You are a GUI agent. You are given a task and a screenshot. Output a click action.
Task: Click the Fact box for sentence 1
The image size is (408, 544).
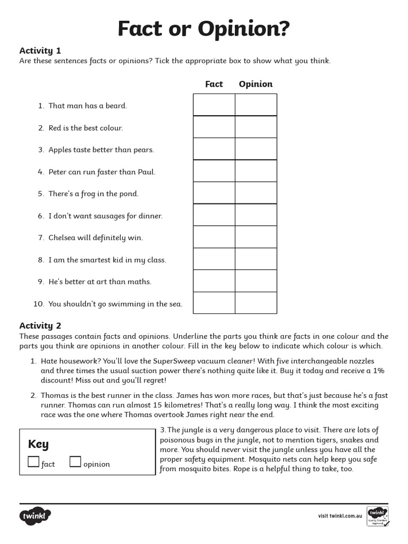point(214,105)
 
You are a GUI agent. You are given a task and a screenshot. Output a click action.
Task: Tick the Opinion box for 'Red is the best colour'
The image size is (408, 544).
point(256,127)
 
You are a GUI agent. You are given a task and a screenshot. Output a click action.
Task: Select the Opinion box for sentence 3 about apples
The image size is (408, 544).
point(256,149)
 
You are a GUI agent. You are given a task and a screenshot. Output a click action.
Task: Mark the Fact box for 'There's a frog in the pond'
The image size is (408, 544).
point(214,193)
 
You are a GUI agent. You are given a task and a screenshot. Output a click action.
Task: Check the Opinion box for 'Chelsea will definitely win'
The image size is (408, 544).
point(256,237)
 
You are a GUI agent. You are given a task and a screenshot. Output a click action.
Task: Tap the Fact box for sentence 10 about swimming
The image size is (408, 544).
point(214,303)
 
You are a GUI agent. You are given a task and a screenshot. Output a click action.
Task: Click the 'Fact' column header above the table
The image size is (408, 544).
point(214,84)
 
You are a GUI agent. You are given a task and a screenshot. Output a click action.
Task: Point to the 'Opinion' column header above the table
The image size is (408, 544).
point(256,84)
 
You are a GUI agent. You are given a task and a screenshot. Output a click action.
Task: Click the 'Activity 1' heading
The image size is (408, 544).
point(40,51)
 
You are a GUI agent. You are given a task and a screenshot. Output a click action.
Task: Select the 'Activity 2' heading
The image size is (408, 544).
point(40,326)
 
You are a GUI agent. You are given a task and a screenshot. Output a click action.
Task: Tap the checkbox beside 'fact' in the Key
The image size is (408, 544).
point(33,462)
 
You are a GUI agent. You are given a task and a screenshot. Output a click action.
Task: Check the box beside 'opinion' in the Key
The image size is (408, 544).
point(75,462)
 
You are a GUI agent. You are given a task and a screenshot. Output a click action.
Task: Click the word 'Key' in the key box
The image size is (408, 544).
point(38,444)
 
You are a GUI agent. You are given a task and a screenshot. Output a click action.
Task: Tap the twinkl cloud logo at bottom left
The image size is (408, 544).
point(36,515)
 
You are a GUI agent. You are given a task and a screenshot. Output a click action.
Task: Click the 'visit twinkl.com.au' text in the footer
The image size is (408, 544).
point(340,516)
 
